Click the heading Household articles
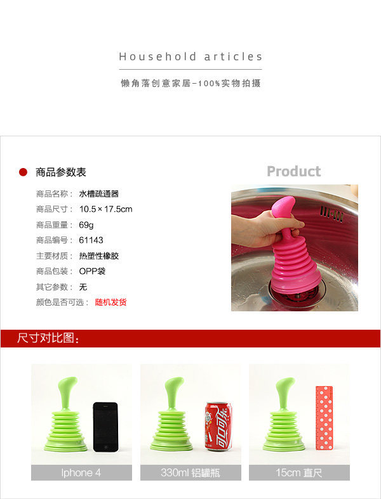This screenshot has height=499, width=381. coord(190,56)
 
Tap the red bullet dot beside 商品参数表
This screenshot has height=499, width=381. coord(23,172)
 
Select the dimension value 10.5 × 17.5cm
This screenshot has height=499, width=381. coord(105,209)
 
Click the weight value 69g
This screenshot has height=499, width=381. coord(86,225)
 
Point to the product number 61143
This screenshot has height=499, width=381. coord(91,240)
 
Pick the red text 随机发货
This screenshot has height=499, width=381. coord(110,302)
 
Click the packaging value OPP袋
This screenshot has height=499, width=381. coord(92,271)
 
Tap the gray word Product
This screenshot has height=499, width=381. coord(293,171)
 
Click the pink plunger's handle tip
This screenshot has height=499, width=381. coord(283,205)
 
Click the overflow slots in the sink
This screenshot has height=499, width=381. coord(331,213)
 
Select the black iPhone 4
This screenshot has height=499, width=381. coord(105,427)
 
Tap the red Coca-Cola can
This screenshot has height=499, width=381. coord(218,426)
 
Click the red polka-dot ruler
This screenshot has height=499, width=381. coord(324,418)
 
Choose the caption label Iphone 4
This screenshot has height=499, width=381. coord(81,472)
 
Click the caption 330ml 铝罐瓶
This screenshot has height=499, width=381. coord(190,472)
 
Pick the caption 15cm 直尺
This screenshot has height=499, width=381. coord(298,472)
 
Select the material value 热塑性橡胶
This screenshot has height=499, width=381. coord(99,256)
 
